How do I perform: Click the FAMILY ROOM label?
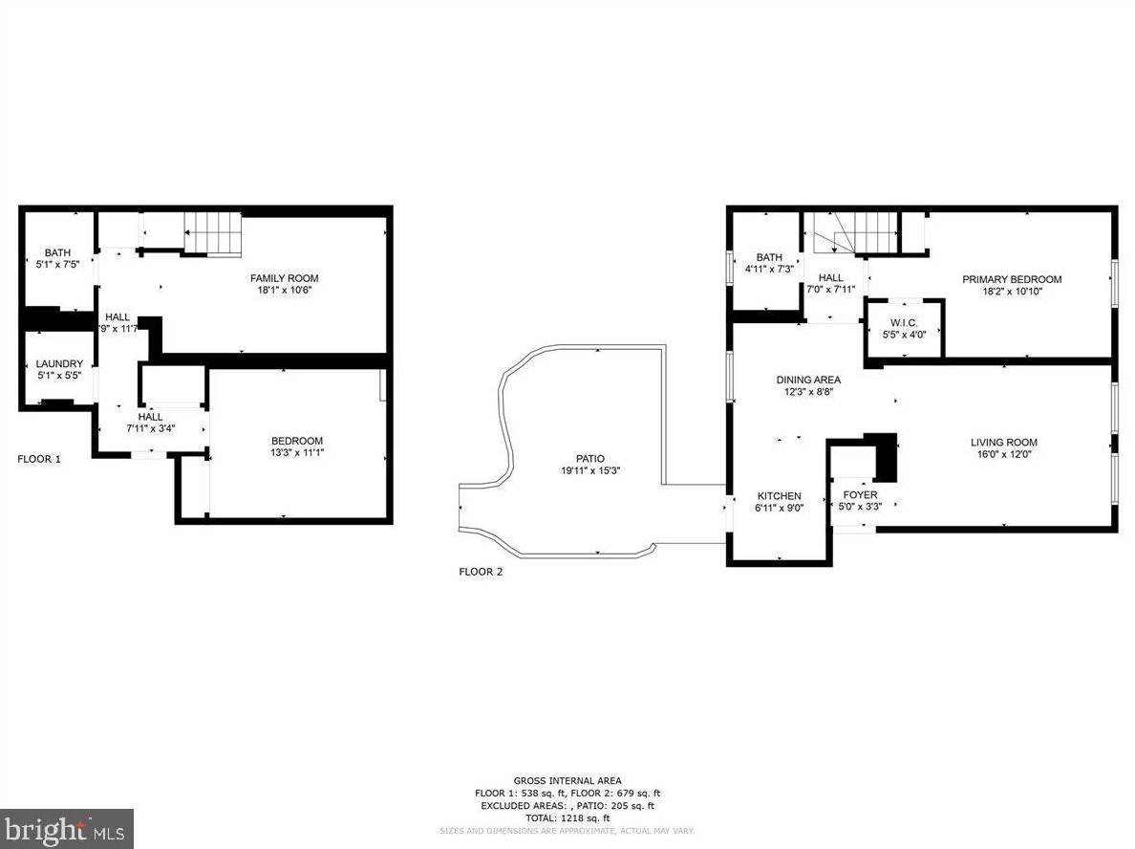coord(285,278)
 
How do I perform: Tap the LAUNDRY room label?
coord(59,363)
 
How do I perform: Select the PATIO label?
coord(589,459)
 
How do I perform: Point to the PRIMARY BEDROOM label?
coord(1012,279)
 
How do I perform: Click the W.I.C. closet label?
coord(904,323)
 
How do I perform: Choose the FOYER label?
coord(860,495)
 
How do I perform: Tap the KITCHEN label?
coord(779,496)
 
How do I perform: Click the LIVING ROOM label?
coord(1003,443)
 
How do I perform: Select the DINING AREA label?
coord(808,380)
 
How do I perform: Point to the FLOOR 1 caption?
coord(39,459)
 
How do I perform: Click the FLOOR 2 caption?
coord(481,572)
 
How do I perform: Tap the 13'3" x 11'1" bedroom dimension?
coord(297,453)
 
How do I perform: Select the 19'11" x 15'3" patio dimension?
coord(590,470)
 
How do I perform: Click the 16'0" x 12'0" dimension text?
coord(1003,455)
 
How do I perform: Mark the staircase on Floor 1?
coord(212,234)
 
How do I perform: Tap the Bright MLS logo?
coord(66,828)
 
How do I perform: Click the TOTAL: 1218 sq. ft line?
coord(567,818)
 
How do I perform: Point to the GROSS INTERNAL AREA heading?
coord(567,781)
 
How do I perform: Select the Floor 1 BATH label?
coord(57,252)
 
